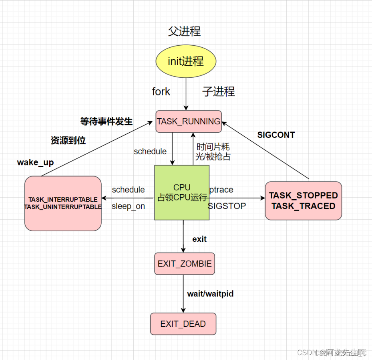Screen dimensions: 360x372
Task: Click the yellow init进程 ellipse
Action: click(x=185, y=61)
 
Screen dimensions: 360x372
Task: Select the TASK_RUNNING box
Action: click(x=189, y=121)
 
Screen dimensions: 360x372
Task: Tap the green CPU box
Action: click(x=182, y=192)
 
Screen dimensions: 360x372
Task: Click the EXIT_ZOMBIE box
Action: click(x=185, y=264)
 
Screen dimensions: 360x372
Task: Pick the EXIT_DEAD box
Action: click(x=183, y=324)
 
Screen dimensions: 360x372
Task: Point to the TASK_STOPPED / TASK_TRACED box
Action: click(x=303, y=200)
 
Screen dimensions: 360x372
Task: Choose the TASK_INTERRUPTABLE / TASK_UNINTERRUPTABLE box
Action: click(x=63, y=203)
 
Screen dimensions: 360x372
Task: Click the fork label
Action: click(x=161, y=92)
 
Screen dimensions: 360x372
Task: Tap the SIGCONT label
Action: click(x=276, y=135)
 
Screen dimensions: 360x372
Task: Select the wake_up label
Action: click(x=35, y=162)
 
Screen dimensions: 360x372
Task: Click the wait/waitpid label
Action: click(x=210, y=294)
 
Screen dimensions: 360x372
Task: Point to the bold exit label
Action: click(x=199, y=239)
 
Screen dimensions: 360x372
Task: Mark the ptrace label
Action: click(x=221, y=189)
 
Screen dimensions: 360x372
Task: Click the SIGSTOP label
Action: click(x=227, y=206)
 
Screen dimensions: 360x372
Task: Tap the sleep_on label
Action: click(x=128, y=206)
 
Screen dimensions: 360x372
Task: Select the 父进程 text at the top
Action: click(x=184, y=31)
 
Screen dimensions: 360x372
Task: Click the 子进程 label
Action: click(x=218, y=91)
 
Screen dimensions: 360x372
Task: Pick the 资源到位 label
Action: click(x=68, y=140)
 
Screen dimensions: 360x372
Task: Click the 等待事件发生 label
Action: click(x=106, y=121)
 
